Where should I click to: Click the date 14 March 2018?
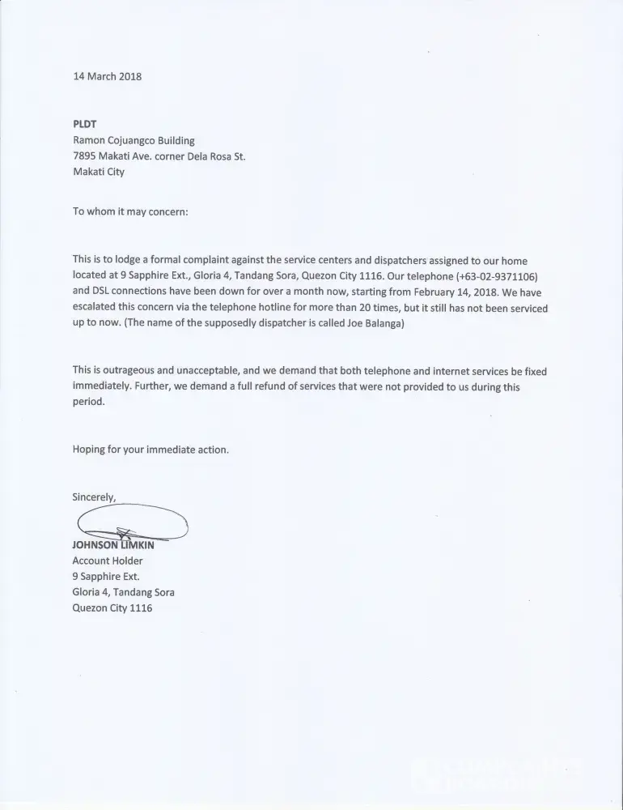coord(107,77)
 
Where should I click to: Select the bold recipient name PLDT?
coord(85,125)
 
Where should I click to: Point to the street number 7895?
coord(85,156)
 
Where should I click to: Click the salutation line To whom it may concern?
coord(130,212)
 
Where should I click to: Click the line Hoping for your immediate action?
coord(150,450)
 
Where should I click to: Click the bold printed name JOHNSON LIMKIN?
coord(113,544)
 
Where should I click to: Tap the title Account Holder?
coord(108,561)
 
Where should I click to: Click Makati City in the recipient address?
coord(99,172)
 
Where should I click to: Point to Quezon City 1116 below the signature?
coord(112,607)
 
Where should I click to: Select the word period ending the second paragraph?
coord(89,402)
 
